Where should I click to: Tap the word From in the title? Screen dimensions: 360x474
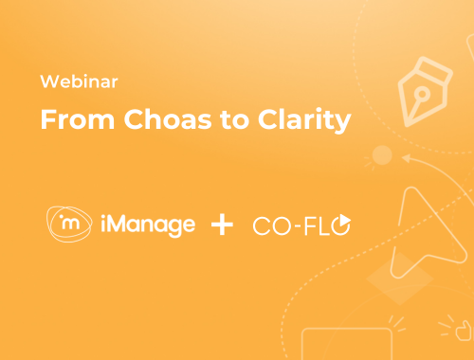point(68,121)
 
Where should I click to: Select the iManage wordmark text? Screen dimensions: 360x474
point(148,225)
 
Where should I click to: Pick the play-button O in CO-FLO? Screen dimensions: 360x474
point(342,225)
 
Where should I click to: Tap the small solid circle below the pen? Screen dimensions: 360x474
point(382,154)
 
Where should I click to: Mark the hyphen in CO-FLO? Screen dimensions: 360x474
point(296,225)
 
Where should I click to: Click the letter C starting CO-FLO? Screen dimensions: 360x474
point(262,225)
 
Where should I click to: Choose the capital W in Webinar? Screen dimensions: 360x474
point(48,82)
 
